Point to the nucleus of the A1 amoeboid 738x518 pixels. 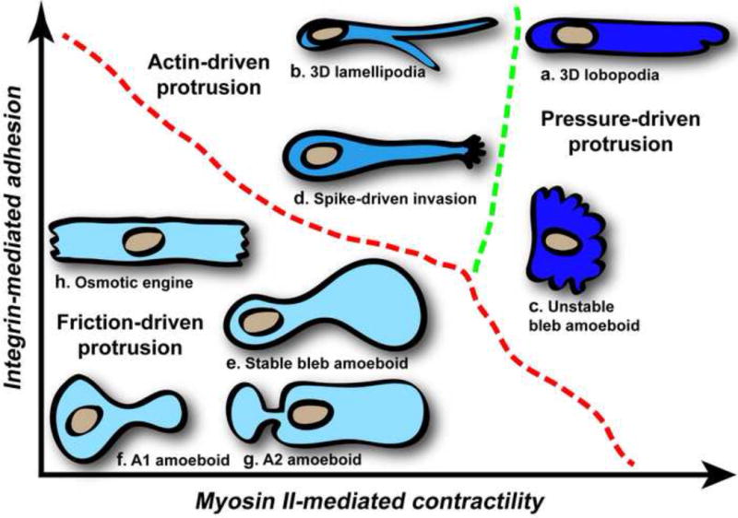[87, 418]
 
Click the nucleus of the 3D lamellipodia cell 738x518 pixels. [326, 35]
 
